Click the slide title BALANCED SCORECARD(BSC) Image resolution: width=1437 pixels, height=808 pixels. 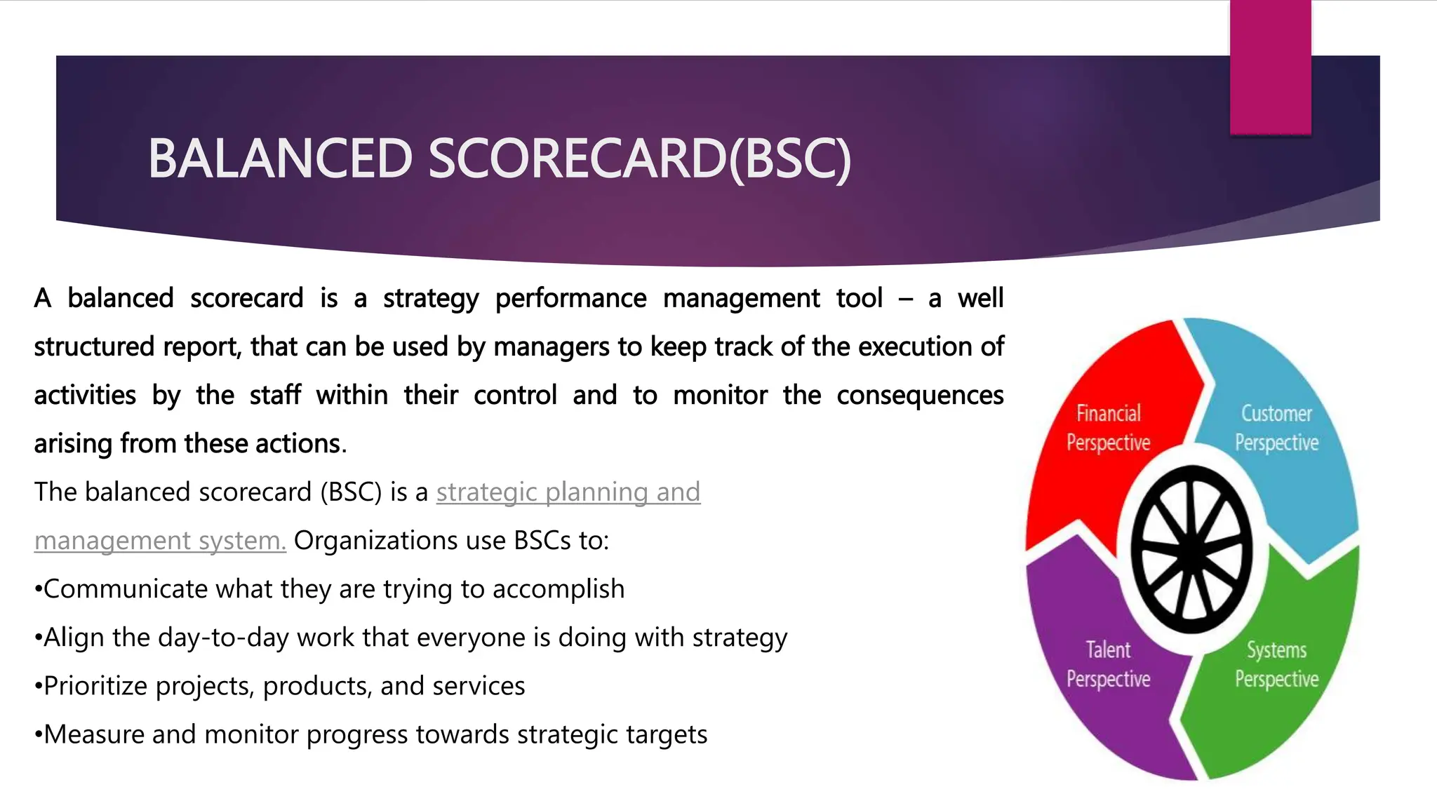[499, 159]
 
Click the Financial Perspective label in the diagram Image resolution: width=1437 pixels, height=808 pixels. [1108, 428]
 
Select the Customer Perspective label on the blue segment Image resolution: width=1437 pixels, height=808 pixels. [1276, 428]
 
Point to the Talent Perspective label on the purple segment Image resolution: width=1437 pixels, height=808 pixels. [1108, 664]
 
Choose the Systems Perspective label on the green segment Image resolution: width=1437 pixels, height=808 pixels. [1276, 664]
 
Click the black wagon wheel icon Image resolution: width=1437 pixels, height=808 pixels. [1192, 550]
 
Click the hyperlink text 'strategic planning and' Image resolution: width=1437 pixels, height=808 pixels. [568, 492]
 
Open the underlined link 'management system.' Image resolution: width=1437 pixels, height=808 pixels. [160, 541]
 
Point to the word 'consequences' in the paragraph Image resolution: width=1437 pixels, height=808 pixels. [920, 396]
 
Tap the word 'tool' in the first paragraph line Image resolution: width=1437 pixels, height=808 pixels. [859, 299]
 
